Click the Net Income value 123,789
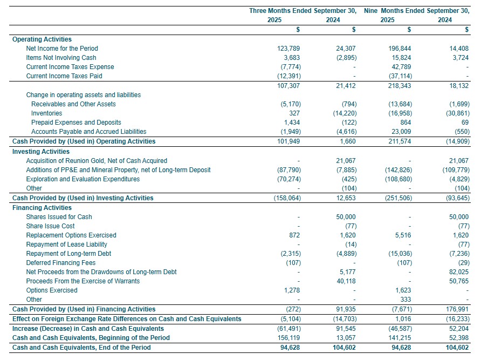click(x=288, y=49)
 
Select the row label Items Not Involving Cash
click(x=61, y=58)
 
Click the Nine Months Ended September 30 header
click(x=416, y=11)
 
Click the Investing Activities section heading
click(x=41, y=152)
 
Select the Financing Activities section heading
click(x=42, y=208)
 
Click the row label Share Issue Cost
click(x=50, y=226)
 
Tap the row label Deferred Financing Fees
click(x=61, y=263)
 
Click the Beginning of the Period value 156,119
click(x=288, y=338)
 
